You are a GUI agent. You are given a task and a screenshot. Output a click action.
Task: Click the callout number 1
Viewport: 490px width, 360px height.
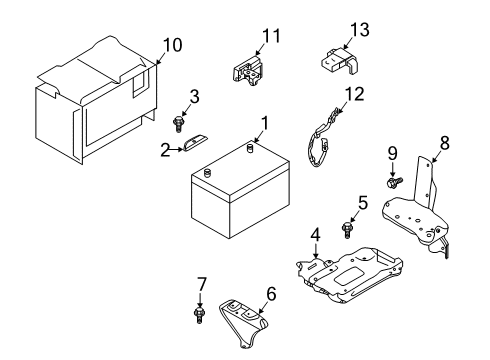[x=265, y=124]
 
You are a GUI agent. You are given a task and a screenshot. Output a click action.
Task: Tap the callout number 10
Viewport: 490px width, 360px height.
[x=172, y=44]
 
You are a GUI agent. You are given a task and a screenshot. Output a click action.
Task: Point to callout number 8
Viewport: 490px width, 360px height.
[x=444, y=142]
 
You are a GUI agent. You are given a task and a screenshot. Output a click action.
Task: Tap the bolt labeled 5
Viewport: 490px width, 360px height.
[x=348, y=230]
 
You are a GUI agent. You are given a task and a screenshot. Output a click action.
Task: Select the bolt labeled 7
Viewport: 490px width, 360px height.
[x=199, y=315]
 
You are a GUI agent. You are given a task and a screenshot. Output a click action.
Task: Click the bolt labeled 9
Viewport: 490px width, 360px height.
[x=394, y=183]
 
